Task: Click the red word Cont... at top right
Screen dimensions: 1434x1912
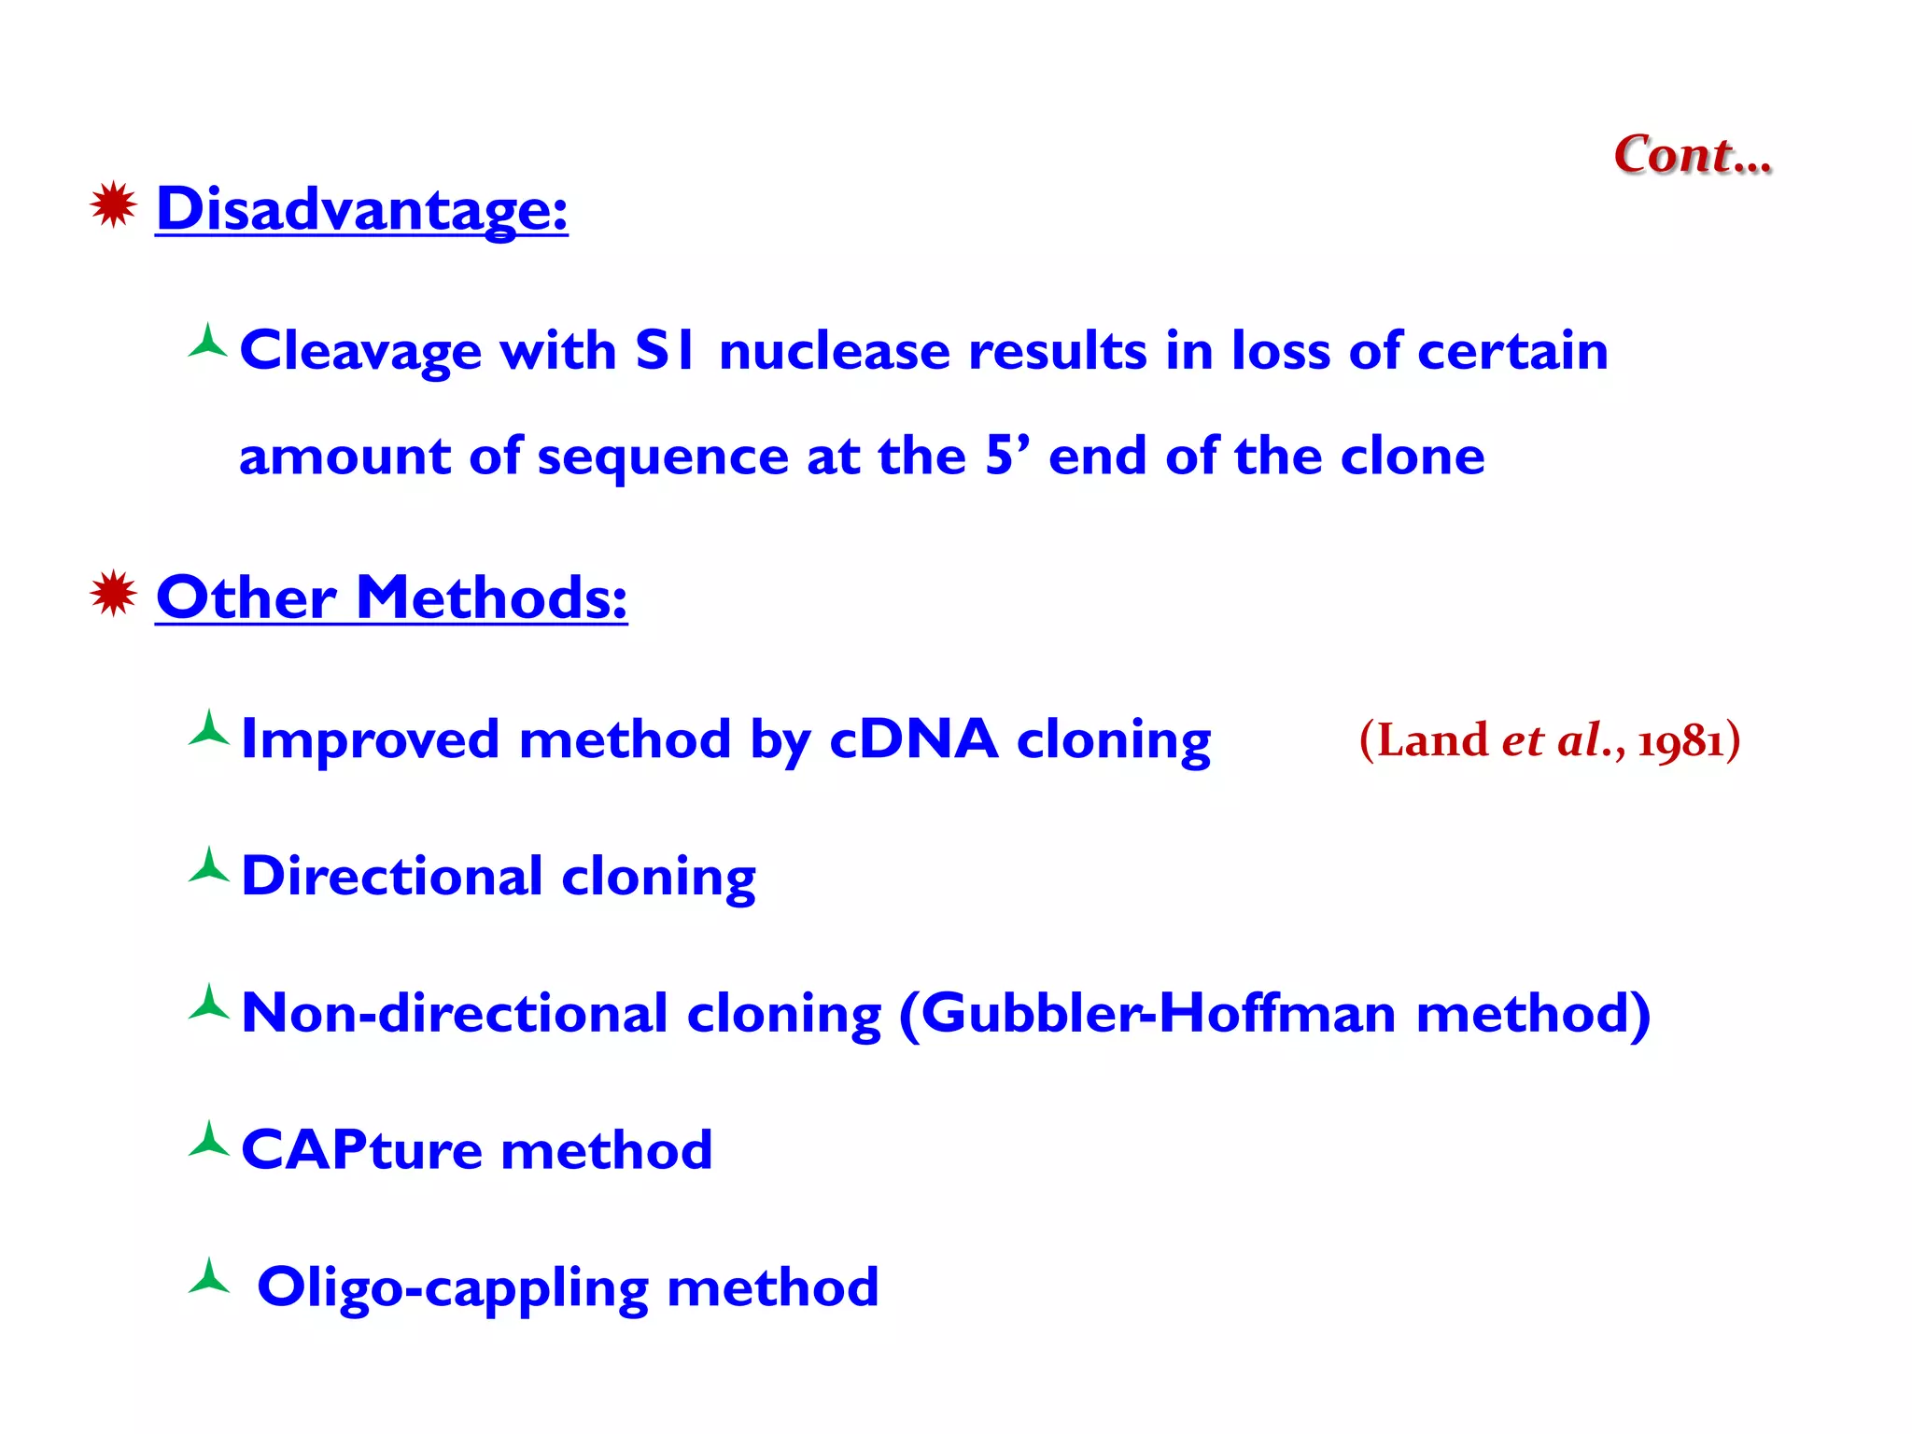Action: tap(1692, 155)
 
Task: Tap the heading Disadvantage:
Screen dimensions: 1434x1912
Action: tap(361, 209)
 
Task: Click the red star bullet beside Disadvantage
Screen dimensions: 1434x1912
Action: tap(114, 204)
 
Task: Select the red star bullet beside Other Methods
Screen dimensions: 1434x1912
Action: tap(114, 593)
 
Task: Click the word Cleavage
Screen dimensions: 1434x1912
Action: tap(360, 352)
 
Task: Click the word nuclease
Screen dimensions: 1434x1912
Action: tap(834, 352)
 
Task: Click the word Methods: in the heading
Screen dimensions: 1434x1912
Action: tap(491, 597)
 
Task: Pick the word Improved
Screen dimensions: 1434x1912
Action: tap(370, 740)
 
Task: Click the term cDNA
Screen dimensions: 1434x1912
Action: tap(913, 738)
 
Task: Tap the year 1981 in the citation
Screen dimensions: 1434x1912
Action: tap(1680, 741)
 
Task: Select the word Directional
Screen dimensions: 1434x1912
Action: tap(392, 877)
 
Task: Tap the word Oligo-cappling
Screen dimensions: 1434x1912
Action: tap(452, 1288)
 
